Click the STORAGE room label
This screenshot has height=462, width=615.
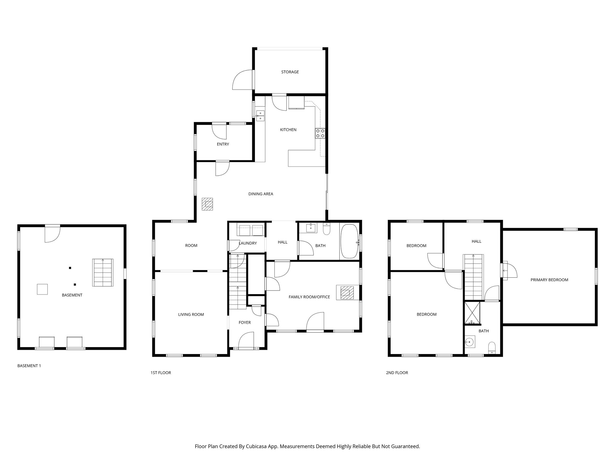(x=290, y=72)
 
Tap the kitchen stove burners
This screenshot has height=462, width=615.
(x=320, y=133)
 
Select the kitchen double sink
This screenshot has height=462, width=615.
(x=260, y=115)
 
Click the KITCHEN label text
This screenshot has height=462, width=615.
(x=288, y=130)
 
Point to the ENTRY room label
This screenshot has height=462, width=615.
(x=223, y=144)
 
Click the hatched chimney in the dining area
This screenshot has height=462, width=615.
(x=207, y=204)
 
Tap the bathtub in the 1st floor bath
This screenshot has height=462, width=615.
(x=350, y=241)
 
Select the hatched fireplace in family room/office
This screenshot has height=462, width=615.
(x=347, y=292)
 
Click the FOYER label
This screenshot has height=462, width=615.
(x=244, y=322)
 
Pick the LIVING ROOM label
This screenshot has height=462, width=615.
(x=191, y=315)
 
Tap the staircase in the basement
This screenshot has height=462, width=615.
(x=103, y=273)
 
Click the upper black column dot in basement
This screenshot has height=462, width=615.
(x=70, y=268)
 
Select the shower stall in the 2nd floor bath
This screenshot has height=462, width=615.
(x=472, y=313)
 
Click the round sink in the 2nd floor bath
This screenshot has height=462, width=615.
(x=469, y=342)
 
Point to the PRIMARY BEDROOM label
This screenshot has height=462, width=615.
(x=549, y=280)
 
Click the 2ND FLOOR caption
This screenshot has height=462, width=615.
(x=397, y=373)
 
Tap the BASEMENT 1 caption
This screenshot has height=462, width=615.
(x=29, y=366)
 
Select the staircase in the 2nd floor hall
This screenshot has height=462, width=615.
(x=473, y=277)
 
